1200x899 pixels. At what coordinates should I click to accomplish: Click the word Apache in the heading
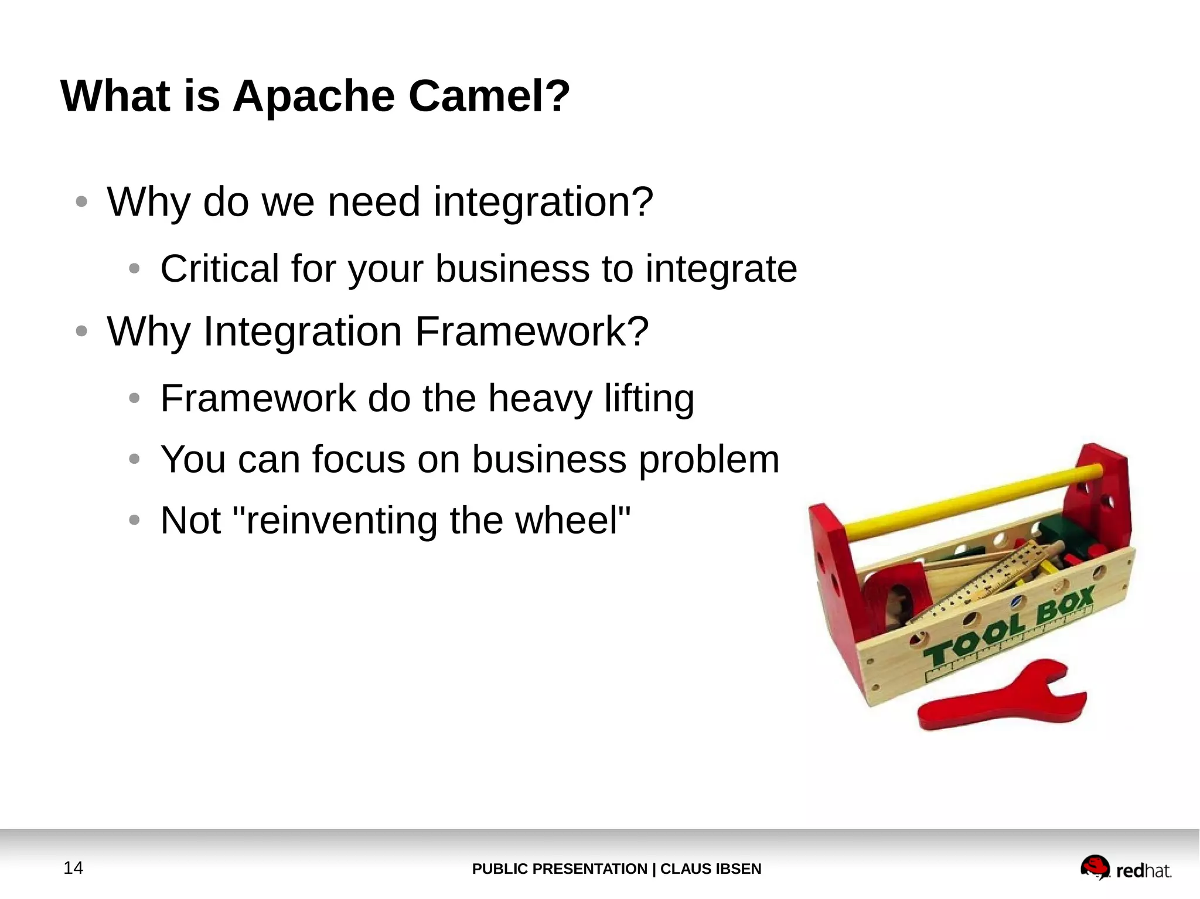[313, 97]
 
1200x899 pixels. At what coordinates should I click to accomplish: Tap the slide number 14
[73, 867]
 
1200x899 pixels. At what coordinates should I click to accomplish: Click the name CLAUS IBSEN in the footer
[710, 869]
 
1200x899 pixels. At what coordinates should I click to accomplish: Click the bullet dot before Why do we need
[81, 202]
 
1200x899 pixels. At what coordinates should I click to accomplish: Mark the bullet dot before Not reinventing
[134, 520]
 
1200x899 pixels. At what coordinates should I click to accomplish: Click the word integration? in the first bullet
[543, 202]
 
